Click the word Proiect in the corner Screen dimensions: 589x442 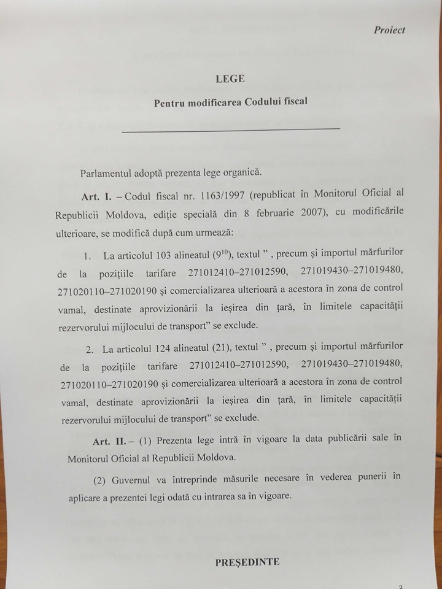point(389,30)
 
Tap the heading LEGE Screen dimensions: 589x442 point(230,79)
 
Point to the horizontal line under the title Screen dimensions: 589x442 point(231,129)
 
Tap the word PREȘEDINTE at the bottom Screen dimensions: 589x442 point(247,561)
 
